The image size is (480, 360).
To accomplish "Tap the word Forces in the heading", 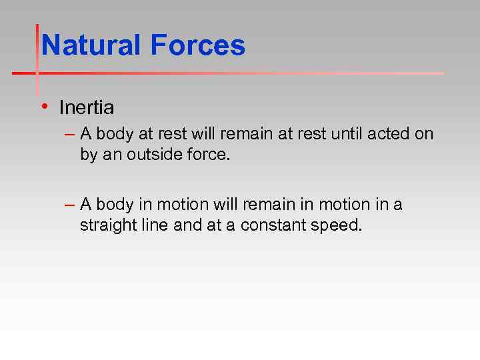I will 197,46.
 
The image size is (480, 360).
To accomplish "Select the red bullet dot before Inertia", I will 43,105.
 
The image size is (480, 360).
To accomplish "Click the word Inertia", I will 87,107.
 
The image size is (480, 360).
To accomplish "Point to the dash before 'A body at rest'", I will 71,134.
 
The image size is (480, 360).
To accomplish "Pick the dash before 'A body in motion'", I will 71,205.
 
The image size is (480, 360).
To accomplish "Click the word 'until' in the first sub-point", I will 347,134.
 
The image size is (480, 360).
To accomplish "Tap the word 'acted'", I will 389,134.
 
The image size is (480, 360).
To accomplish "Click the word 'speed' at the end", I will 337,225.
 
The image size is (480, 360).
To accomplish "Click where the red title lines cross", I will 37,73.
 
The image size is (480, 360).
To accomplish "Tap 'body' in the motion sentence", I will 115,205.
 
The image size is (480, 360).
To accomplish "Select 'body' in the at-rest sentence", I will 115,134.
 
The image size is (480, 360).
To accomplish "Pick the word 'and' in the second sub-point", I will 187,225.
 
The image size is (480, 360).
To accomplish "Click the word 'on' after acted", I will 424,134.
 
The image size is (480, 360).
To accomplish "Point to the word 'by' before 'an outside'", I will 88,155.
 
